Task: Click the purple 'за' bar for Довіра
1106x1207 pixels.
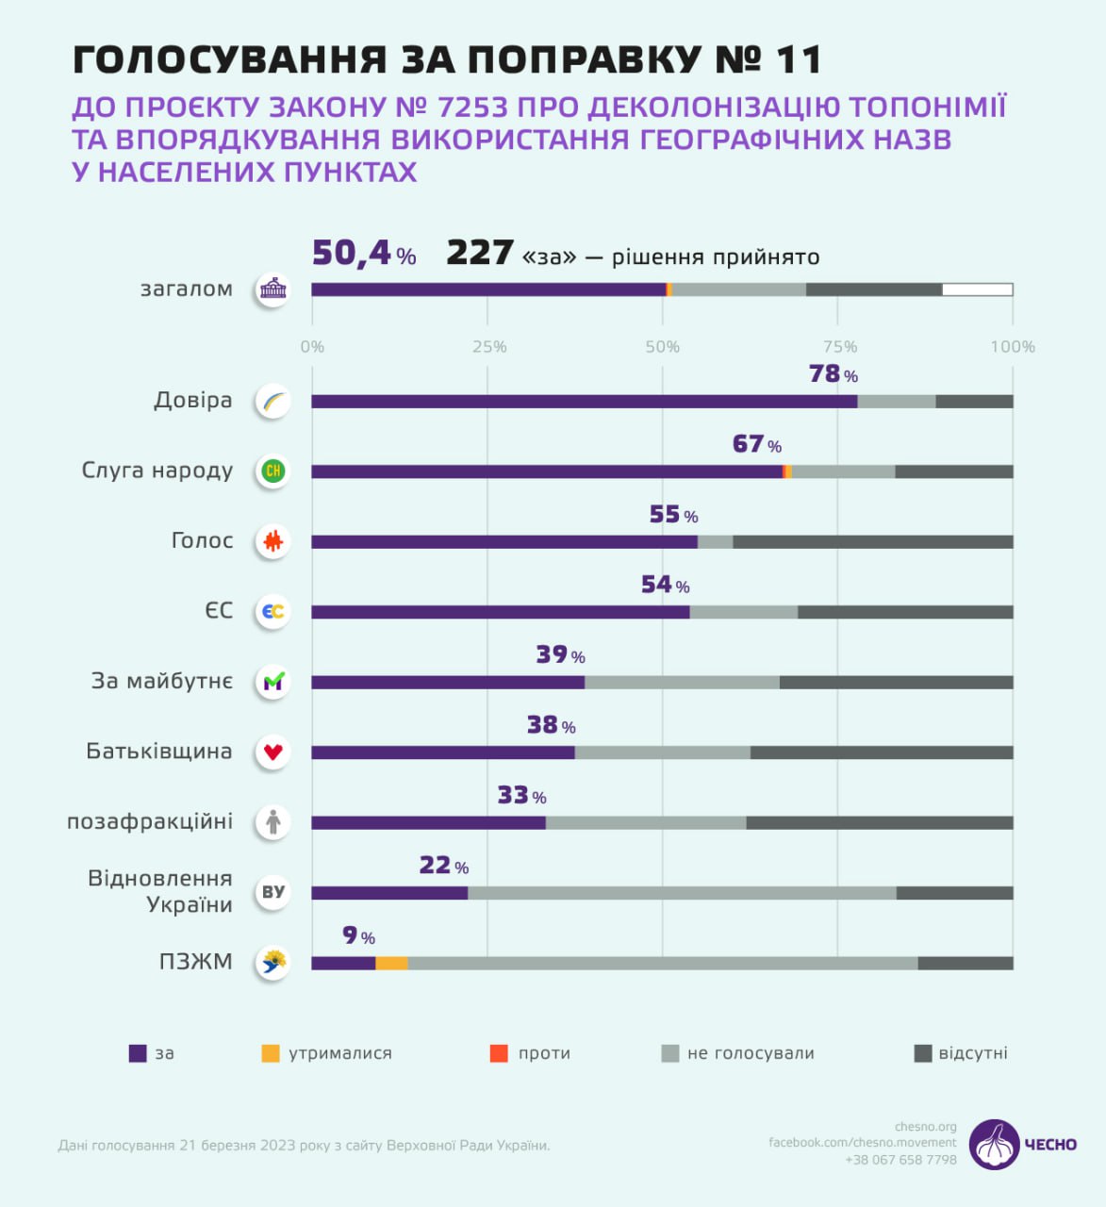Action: click(x=585, y=402)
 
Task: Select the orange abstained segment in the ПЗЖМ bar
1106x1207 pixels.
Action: click(x=391, y=963)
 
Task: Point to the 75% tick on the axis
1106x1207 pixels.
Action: click(x=839, y=347)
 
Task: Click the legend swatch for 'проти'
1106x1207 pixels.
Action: click(x=499, y=1053)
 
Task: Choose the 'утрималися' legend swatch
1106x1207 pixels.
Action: click(x=271, y=1053)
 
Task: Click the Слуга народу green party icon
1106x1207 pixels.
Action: click(x=273, y=471)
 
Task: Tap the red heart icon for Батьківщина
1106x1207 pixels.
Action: click(x=273, y=752)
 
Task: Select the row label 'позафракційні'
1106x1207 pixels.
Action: click(x=150, y=821)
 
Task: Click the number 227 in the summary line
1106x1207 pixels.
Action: click(x=479, y=254)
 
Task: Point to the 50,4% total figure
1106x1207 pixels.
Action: click(x=364, y=254)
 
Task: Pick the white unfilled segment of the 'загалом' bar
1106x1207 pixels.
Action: click(x=977, y=289)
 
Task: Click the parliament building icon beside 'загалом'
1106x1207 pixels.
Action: click(x=273, y=289)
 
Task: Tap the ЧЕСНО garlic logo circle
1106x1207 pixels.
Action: click(x=994, y=1145)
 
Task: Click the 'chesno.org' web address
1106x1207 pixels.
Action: click(x=925, y=1127)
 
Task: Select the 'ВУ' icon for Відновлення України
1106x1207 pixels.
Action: click(x=273, y=892)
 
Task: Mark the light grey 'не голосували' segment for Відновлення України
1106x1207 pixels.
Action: click(x=682, y=893)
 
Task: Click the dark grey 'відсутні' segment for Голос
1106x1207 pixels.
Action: click(x=872, y=542)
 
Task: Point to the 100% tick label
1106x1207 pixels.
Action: click(x=1012, y=347)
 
